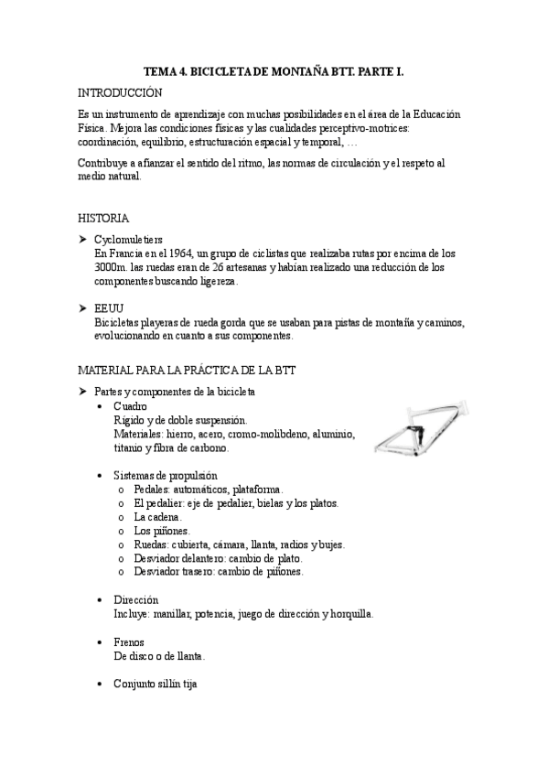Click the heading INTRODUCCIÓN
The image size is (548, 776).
coord(120,93)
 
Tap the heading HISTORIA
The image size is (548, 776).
coord(103,219)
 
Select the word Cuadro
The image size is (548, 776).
coord(130,406)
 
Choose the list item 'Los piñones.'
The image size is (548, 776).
coord(162,531)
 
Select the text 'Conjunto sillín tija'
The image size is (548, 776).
coord(156,684)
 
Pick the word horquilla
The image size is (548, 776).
coord(348,614)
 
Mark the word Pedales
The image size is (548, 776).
coord(153,490)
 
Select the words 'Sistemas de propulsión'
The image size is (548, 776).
coord(165,476)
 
